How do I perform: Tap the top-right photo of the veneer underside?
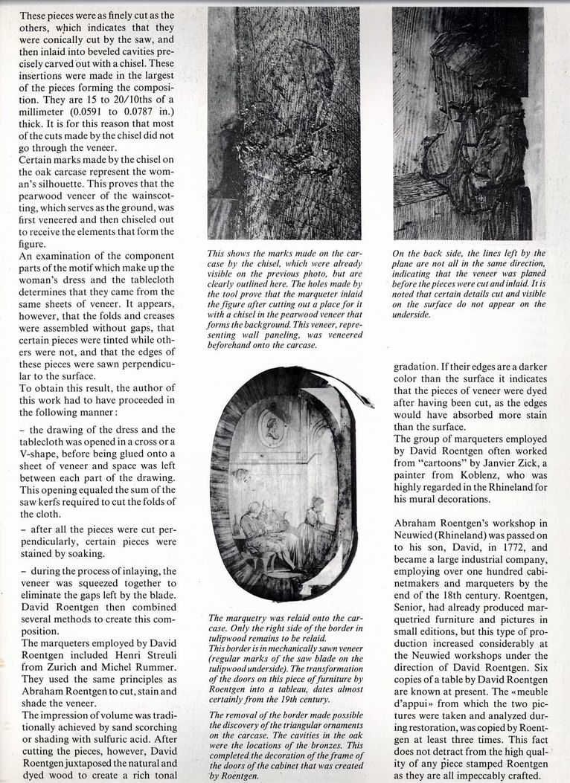click(467, 123)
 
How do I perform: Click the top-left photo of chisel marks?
click(284, 123)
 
